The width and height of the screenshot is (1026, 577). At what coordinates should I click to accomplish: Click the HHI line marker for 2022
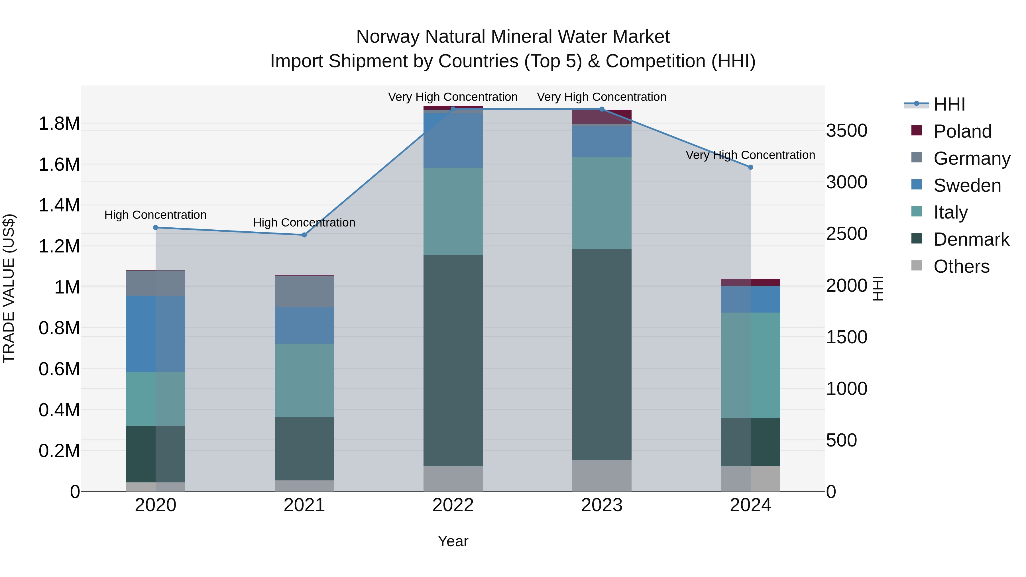[453, 109]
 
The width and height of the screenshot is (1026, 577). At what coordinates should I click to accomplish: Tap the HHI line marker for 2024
[750, 167]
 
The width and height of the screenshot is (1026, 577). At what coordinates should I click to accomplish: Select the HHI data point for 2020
[156, 227]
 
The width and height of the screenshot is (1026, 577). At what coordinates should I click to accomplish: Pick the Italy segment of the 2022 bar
[453, 211]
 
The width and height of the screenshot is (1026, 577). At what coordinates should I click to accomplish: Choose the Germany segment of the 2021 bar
[304, 291]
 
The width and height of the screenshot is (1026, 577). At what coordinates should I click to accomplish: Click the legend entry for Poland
[962, 131]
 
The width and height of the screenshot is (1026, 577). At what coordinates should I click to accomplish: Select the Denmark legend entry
[971, 239]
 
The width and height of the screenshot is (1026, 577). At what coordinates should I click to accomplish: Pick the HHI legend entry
[949, 104]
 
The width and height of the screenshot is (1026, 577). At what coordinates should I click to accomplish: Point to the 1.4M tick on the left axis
[59, 205]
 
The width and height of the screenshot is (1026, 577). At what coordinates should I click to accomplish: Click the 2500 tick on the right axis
[846, 234]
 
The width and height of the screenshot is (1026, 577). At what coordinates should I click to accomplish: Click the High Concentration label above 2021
[304, 222]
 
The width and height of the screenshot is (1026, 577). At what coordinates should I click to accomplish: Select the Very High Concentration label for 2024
[750, 155]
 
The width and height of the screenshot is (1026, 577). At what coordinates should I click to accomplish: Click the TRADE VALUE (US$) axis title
[9, 288]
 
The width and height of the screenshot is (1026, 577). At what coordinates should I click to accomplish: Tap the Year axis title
[453, 541]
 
